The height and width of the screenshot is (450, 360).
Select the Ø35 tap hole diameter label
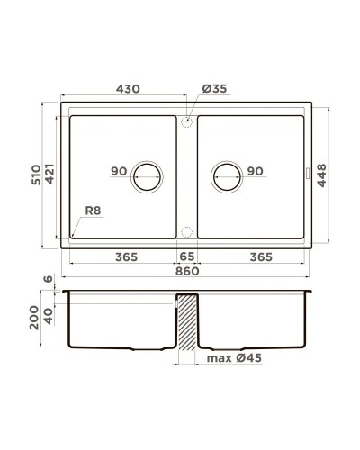pos(213,90)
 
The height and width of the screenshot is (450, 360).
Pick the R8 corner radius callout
pos(93,212)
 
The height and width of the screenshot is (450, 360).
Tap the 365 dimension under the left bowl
pos(126,257)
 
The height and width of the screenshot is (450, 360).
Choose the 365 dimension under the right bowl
pos(259,257)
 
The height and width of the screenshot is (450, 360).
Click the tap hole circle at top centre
pos(186,121)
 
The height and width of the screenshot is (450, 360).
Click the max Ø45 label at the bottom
pos(233,359)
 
